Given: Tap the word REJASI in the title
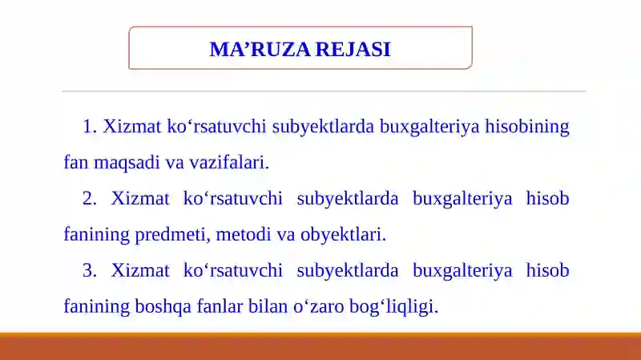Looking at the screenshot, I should [x=353, y=50].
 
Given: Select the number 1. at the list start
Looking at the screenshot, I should [x=89, y=127].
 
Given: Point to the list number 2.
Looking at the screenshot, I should [x=89, y=199].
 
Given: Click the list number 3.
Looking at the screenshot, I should [x=89, y=270].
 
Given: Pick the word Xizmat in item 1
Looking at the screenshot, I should [x=131, y=127].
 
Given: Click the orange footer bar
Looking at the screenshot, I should [x=320, y=346].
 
